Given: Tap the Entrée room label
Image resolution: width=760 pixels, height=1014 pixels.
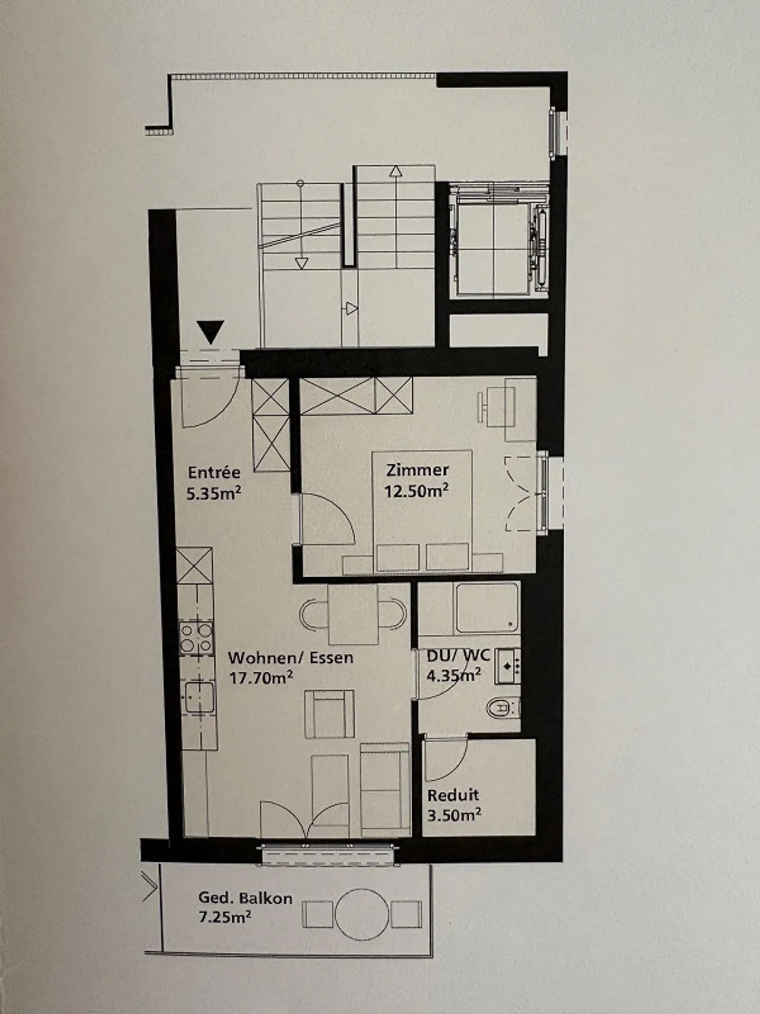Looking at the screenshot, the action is coord(214,472).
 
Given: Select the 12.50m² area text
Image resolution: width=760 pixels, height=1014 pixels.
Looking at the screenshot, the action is coord(416,491).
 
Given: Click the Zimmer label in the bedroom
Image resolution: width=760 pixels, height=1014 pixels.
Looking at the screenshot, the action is coord(417,470).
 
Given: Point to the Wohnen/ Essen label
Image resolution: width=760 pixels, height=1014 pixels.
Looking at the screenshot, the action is coord(290,658).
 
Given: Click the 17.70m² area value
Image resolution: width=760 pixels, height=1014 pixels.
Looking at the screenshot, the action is coord(261,677).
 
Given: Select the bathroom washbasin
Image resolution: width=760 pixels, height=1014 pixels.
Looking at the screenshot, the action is coord(508,666).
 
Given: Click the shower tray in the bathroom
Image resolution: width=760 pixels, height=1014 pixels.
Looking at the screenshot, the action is coord(487,608).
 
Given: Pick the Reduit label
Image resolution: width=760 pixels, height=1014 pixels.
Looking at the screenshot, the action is coord(453,795).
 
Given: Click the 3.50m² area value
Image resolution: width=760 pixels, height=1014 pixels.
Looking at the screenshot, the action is coord(454,815).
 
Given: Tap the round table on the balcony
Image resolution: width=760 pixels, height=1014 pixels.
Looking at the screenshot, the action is coord(362,914).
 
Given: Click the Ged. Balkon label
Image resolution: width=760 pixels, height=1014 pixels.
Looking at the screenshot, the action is coord(245,898).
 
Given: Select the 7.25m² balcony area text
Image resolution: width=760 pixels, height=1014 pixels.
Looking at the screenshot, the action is coord(225,917).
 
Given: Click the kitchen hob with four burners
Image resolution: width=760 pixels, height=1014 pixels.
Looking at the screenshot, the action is coord(196,638).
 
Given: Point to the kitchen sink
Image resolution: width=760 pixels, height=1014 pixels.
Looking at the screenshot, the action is coord(199,698).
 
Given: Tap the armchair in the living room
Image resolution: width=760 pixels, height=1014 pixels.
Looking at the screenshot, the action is coord(329,714).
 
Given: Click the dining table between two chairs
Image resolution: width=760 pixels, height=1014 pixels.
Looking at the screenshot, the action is coord(353,614).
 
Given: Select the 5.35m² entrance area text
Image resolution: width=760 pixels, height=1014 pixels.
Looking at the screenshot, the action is coord(214,494).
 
